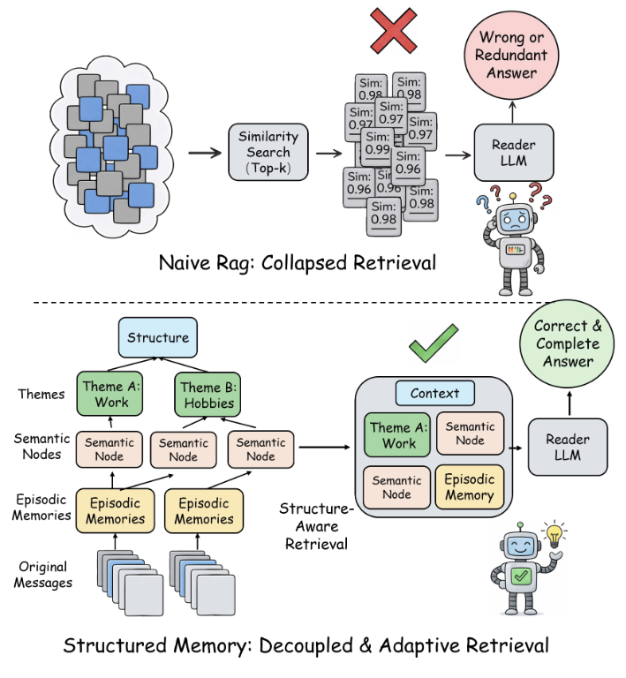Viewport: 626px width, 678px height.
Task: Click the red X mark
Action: click(394, 34)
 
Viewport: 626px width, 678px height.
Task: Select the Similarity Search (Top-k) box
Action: click(268, 152)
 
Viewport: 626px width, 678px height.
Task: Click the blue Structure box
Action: click(157, 337)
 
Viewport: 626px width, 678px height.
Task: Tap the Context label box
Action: click(434, 393)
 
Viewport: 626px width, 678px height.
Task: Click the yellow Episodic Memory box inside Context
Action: click(470, 487)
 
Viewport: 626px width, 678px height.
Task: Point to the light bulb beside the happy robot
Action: click(555, 535)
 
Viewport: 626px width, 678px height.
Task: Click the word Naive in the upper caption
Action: click(185, 263)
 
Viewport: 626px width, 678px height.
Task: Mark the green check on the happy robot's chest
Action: click(521, 577)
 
